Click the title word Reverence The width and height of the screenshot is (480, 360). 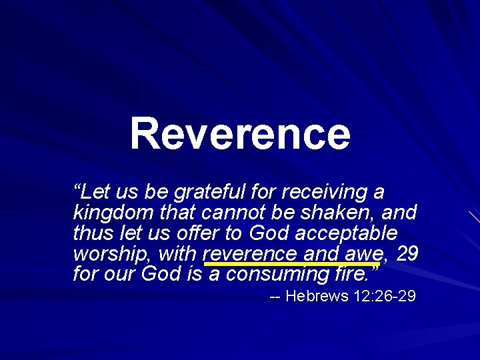pyautogui.click(x=240, y=133)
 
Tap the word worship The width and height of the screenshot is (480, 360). pyautogui.click(x=110, y=254)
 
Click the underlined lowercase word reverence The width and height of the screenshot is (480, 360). pyautogui.click(x=250, y=254)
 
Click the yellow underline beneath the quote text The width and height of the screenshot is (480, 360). pyautogui.click(x=293, y=263)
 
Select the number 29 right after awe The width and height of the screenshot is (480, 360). pyautogui.click(x=407, y=253)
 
